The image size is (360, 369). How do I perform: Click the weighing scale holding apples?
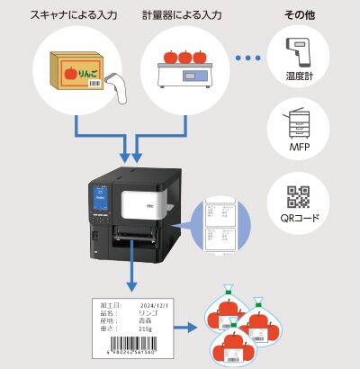(x=184, y=73)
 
